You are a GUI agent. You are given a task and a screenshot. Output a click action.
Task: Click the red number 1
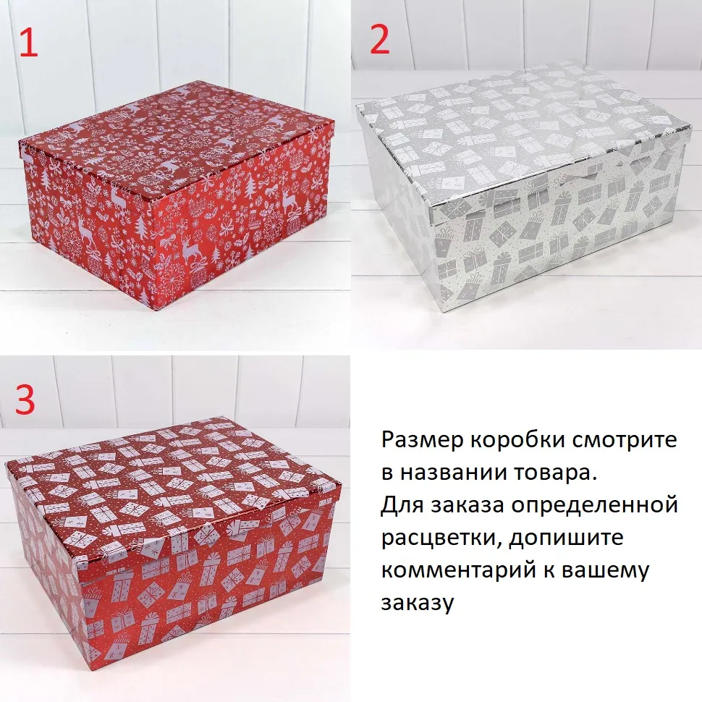29,42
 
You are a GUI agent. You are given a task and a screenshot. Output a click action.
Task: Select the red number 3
25,399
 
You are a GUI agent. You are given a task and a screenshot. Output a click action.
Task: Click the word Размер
422,440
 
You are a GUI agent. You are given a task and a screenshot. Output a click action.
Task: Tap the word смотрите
622,441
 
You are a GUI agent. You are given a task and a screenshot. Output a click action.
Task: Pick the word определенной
595,506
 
